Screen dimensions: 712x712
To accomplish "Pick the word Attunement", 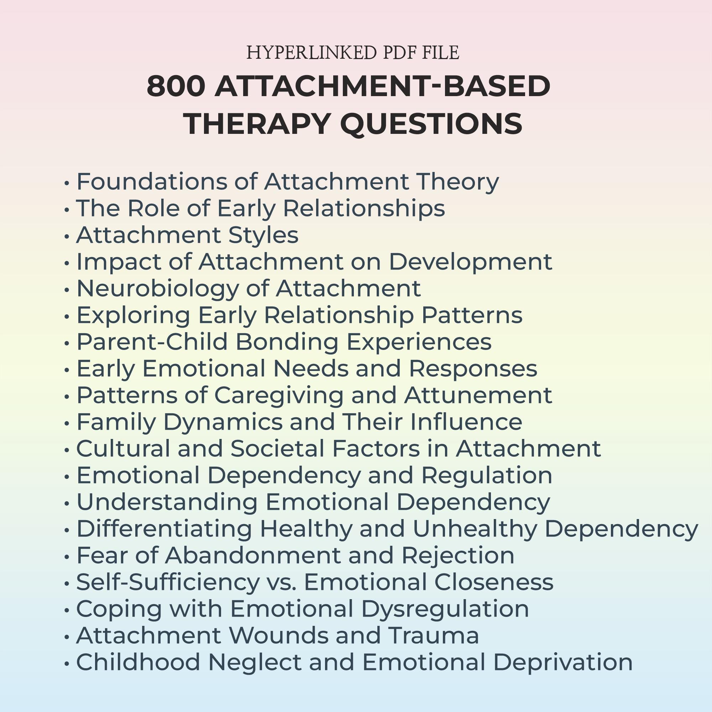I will tap(478, 395).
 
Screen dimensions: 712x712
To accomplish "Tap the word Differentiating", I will tap(164, 529).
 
